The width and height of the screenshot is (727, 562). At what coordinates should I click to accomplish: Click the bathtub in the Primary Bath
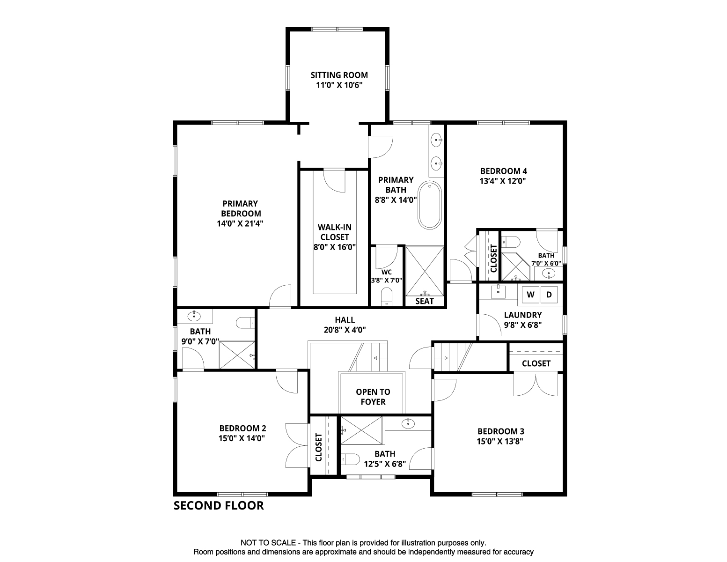[429, 205]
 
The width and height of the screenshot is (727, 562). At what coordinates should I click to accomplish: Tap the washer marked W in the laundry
[530, 295]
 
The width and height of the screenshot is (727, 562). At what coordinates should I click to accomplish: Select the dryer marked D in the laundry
[549, 295]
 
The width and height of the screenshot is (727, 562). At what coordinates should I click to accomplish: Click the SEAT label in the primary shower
[425, 301]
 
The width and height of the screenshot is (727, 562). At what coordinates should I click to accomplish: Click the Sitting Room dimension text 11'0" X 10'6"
[339, 85]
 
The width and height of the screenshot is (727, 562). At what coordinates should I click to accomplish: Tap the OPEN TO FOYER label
[373, 397]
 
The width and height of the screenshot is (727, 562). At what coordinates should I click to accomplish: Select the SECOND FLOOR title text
[219, 506]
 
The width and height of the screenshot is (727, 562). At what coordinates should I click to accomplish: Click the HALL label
[345, 320]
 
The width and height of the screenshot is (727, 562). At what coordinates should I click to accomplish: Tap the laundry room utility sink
[498, 292]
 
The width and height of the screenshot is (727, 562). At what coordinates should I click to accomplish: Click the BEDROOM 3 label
[500, 431]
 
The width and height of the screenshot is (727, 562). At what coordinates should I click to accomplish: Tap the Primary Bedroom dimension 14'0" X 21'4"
[240, 223]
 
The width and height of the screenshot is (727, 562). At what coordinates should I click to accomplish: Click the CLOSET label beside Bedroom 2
[319, 447]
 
